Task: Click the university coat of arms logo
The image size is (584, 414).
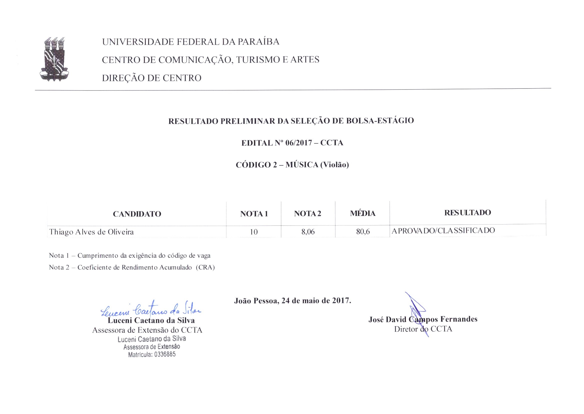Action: click(x=54, y=59)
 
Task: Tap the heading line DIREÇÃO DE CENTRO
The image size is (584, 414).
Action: click(x=152, y=78)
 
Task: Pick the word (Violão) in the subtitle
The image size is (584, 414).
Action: click(x=334, y=165)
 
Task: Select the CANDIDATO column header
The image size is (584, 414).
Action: click(x=137, y=214)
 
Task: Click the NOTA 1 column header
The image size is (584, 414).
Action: click(x=254, y=214)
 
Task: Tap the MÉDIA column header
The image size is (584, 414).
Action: click(x=362, y=213)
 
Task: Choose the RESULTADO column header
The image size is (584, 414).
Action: click(x=467, y=212)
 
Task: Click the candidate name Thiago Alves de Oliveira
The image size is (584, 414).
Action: click(x=91, y=232)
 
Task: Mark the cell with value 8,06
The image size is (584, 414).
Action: click(x=308, y=232)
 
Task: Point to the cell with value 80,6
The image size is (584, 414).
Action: click(x=363, y=232)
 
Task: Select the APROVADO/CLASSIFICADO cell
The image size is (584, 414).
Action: click(x=443, y=231)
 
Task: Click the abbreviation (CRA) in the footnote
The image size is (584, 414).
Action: click(x=205, y=267)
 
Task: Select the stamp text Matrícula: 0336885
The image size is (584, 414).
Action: click(x=152, y=354)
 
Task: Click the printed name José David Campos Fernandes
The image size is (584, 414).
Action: click(x=423, y=319)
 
